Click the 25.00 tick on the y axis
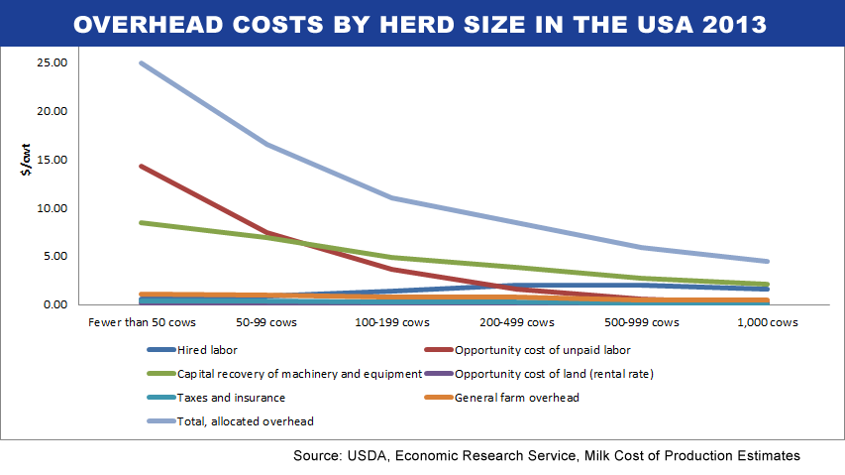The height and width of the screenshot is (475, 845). (51, 62)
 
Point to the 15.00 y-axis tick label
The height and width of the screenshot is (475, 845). (51, 160)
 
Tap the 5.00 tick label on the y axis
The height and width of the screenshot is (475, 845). (53, 256)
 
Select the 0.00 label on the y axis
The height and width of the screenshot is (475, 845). (53, 304)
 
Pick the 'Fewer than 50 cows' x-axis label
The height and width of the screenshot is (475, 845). (141, 322)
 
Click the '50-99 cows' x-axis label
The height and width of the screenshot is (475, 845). (267, 322)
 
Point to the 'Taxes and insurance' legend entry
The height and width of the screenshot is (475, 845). (230, 398)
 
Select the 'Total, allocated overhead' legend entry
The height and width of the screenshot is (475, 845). (245, 422)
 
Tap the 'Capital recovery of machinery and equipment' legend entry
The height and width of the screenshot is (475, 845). (298, 374)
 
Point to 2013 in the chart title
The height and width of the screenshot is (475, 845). (728, 23)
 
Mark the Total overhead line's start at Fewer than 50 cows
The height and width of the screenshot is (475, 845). (142, 62)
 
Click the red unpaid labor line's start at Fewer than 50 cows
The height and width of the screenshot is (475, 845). (142, 166)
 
